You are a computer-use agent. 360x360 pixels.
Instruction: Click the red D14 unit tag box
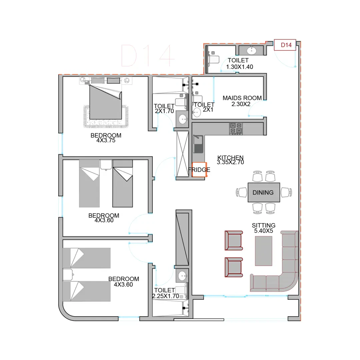285,45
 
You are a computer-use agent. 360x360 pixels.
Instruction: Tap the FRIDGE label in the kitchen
199,170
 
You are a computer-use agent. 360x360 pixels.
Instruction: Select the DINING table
264,192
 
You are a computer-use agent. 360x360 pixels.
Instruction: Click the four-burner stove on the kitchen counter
236,129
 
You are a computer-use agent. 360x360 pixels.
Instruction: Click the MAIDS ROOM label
242,98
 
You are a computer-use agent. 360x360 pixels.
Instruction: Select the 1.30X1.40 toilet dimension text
239,67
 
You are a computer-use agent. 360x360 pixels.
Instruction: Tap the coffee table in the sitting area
264,251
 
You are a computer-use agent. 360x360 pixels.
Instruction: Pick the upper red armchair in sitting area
234,240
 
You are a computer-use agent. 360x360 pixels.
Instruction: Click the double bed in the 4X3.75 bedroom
105,102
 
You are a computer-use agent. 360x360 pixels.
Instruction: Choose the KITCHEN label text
230,157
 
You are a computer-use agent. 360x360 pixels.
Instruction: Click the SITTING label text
264,225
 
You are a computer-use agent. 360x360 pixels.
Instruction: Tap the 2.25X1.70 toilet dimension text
166,296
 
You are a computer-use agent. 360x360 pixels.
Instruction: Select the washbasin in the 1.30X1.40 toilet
252,50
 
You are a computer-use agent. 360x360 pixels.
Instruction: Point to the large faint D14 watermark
148,56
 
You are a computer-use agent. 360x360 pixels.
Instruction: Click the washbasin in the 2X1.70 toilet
183,119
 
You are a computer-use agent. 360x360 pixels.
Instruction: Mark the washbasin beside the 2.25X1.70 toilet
182,276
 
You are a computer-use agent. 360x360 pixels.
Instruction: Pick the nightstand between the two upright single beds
106,165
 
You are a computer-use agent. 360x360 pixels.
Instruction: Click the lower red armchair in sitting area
234,267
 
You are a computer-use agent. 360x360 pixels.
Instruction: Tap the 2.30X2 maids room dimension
241,104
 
